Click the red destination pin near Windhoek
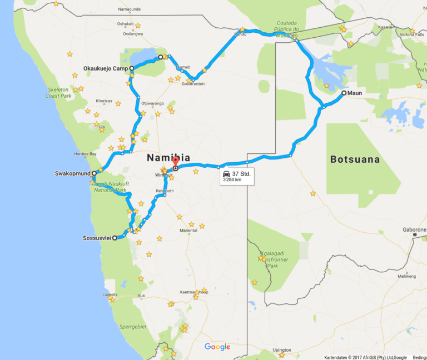175,162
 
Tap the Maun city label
355,93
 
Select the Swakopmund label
72,173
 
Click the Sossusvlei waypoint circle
115,238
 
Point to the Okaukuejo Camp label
105,68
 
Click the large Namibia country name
164,158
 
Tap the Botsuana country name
355,159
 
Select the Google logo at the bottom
217,347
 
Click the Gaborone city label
415,229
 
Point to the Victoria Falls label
412,34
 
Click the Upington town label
282,350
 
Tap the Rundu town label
240,34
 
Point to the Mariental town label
188,230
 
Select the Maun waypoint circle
344,93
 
